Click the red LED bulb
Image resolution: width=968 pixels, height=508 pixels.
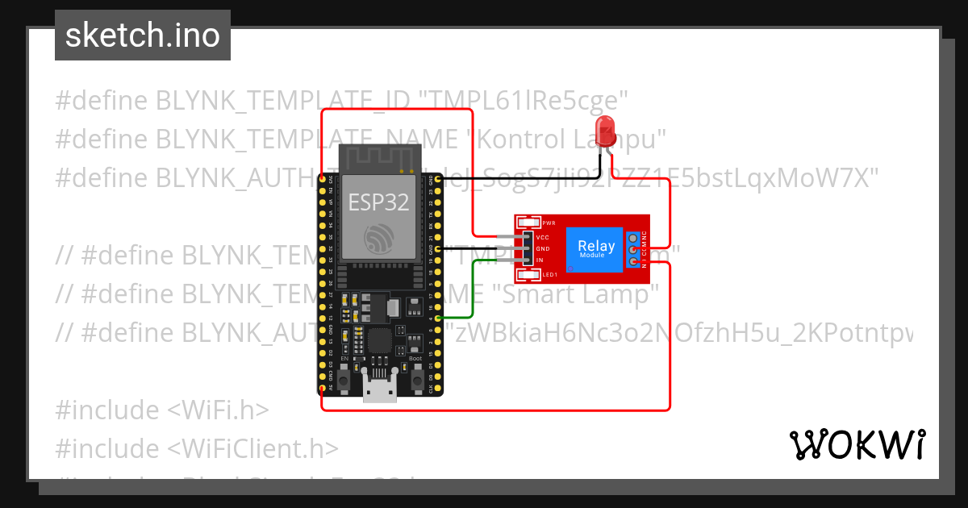point(603,131)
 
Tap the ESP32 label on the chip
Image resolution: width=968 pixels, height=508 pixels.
point(378,202)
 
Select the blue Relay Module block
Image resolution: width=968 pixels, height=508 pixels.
point(596,249)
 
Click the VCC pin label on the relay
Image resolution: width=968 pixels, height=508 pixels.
point(543,238)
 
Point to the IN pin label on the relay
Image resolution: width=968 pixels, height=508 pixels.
point(540,260)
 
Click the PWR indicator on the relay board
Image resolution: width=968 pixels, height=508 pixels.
point(531,223)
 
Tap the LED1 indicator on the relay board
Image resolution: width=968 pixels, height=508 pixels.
point(531,276)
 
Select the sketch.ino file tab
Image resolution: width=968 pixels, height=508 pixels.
point(143,35)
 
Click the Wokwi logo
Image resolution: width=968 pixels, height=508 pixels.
point(857,444)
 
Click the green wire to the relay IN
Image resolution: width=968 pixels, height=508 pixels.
point(473,290)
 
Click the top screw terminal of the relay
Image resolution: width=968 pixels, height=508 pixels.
point(634,238)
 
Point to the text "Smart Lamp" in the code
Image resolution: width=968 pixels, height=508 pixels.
point(576,294)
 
